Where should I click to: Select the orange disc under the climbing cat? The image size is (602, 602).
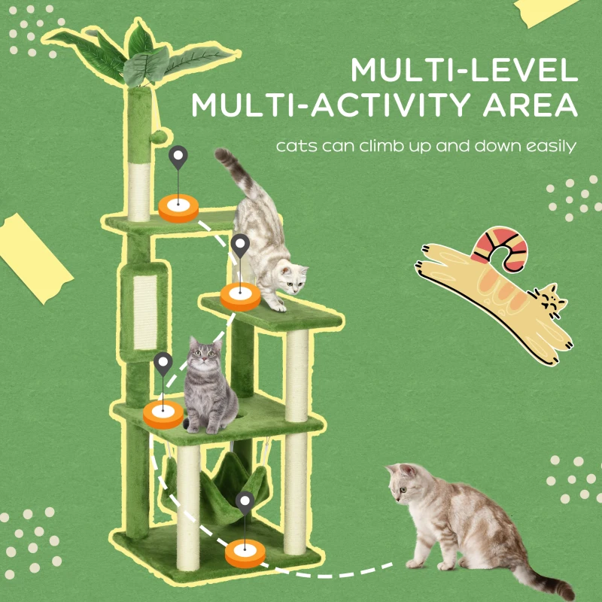tap(240, 297)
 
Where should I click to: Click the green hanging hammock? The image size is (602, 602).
tap(218, 485)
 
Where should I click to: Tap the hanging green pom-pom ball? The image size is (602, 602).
tap(160, 139)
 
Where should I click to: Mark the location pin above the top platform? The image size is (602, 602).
tap(178, 158)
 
